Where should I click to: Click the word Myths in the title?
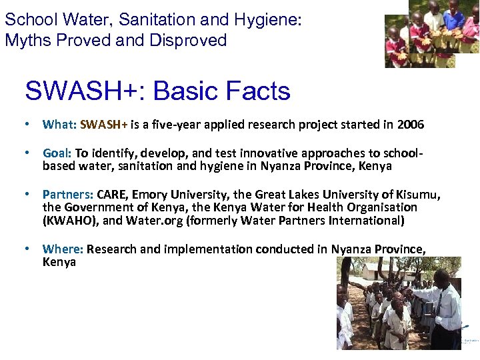point(25,40)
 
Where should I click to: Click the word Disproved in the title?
point(188,40)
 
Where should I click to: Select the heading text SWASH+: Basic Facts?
point(157,91)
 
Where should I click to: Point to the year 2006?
point(410,124)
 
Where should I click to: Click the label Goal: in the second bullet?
point(57,153)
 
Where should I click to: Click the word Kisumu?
point(417,195)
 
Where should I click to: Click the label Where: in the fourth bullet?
point(63,249)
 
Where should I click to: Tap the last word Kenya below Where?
point(59,262)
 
